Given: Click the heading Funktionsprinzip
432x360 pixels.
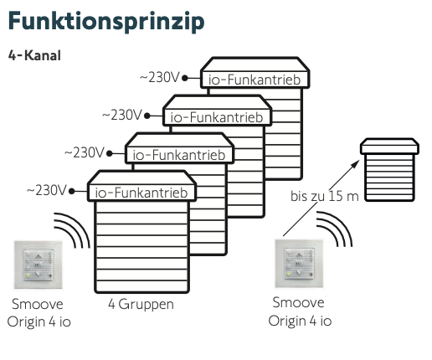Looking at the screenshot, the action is pos(106,22).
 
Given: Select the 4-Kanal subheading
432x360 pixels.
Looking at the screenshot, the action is pos(34,55).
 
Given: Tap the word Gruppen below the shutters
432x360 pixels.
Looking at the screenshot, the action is pos(146,305).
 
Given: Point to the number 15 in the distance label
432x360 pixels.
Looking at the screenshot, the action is pos(335,196).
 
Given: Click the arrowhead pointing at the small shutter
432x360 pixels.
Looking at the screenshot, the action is pos(356,163).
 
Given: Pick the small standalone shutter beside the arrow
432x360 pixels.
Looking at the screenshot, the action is pos(389,170).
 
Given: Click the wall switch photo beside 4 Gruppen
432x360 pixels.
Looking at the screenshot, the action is pos(39,265).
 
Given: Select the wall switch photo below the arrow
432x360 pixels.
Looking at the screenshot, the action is pos(299,263).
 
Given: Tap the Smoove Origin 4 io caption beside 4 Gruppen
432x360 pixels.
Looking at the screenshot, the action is pos(39,313).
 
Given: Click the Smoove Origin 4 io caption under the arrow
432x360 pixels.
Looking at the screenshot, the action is pos(300,311).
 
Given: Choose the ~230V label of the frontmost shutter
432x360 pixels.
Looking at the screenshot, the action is pos(47,191).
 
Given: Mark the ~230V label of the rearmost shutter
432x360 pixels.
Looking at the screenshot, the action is pos(160,77).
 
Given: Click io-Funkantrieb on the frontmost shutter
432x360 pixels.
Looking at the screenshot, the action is pos(141,193).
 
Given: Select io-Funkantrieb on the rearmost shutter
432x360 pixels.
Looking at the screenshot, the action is pos(255,80).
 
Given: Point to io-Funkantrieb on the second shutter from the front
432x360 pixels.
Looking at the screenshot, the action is pos(179,155).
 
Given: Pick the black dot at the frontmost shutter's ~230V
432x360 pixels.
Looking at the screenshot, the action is pos(72,191).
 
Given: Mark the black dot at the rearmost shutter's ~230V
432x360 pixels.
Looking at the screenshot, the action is pos(185,78).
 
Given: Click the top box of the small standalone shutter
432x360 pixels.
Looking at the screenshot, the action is pos(389,147).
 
